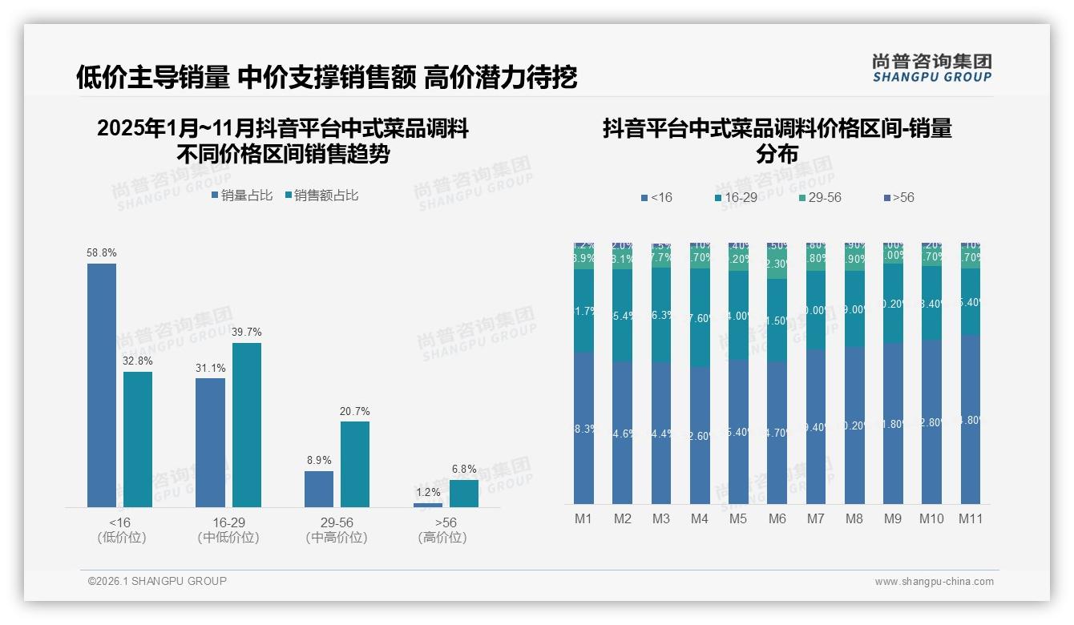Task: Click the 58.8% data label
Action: tap(102, 253)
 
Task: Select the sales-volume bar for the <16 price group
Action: tap(102, 385)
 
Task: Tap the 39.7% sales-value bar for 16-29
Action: tap(247, 425)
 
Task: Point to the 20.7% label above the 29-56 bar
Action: tap(354, 412)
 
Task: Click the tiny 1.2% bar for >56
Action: tap(428, 505)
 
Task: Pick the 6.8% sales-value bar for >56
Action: tap(463, 494)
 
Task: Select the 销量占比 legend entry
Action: tap(242, 196)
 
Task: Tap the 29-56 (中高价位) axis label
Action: tap(337, 530)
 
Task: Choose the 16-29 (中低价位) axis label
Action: tap(228, 530)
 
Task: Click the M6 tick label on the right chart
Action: tap(777, 519)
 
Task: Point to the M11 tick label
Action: tap(971, 519)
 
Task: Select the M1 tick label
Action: tap(583, 519)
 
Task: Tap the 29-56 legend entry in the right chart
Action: tap(820, 198)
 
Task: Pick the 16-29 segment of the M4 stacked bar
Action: tap(699, 317)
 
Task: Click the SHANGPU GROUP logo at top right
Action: tap(931, 68)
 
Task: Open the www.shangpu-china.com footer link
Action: tap(934, 582)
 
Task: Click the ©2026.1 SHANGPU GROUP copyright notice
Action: tap(157, 581)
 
